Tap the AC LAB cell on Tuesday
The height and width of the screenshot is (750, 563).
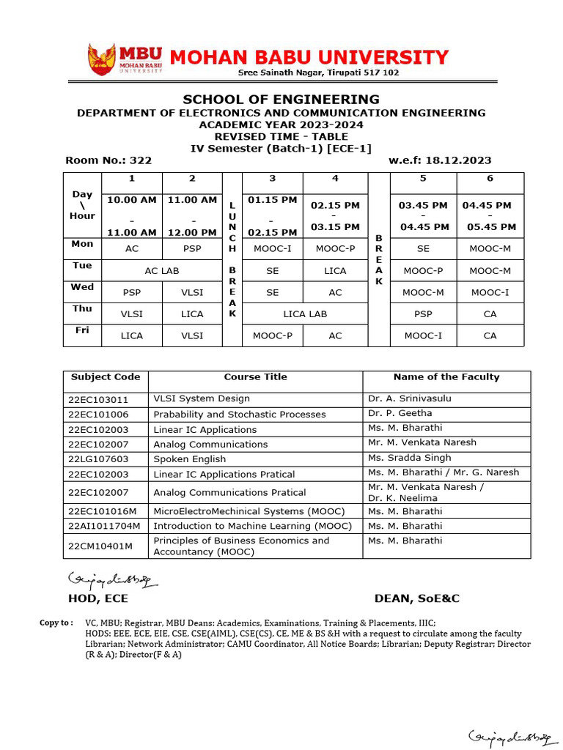[x=162, y=271]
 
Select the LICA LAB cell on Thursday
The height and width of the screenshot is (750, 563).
[x=304, y=313]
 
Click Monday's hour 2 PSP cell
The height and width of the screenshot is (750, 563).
[x=192, y=249]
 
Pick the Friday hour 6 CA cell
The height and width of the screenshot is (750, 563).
[x=490, y=335]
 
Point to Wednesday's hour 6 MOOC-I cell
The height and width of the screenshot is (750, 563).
[x=490, y=292]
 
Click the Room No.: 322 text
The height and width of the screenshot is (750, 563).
[x=108, y=160]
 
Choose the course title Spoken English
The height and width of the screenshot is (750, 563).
[x=190, y=458]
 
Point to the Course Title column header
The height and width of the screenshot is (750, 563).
[x=255, y=377]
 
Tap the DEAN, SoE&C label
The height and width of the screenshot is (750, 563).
[x=416, y=598]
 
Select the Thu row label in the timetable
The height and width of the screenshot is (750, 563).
[x=82, y=309]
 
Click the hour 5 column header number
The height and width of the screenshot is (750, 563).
[x=423, y=179]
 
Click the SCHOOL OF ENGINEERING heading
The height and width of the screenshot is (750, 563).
[x=281, y=100]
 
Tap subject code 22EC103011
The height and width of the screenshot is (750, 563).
[x=98, y=399]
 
